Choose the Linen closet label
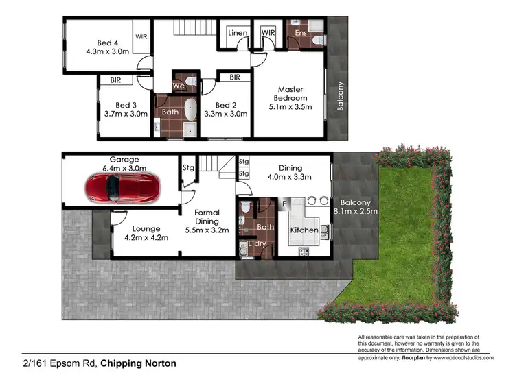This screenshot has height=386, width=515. (238, 33)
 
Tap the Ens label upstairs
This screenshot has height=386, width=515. (300, 32)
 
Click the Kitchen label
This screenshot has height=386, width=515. (304, 230)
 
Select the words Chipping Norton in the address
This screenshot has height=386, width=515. (138, 363)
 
